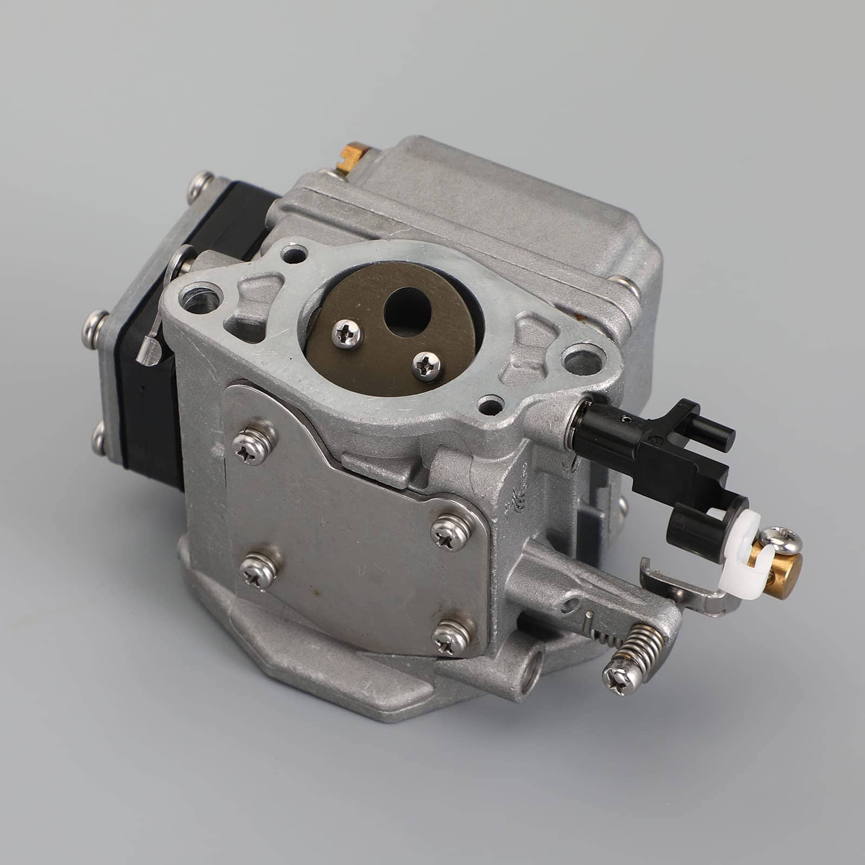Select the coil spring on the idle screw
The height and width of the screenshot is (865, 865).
pyautogui.click(x=646, y=649)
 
